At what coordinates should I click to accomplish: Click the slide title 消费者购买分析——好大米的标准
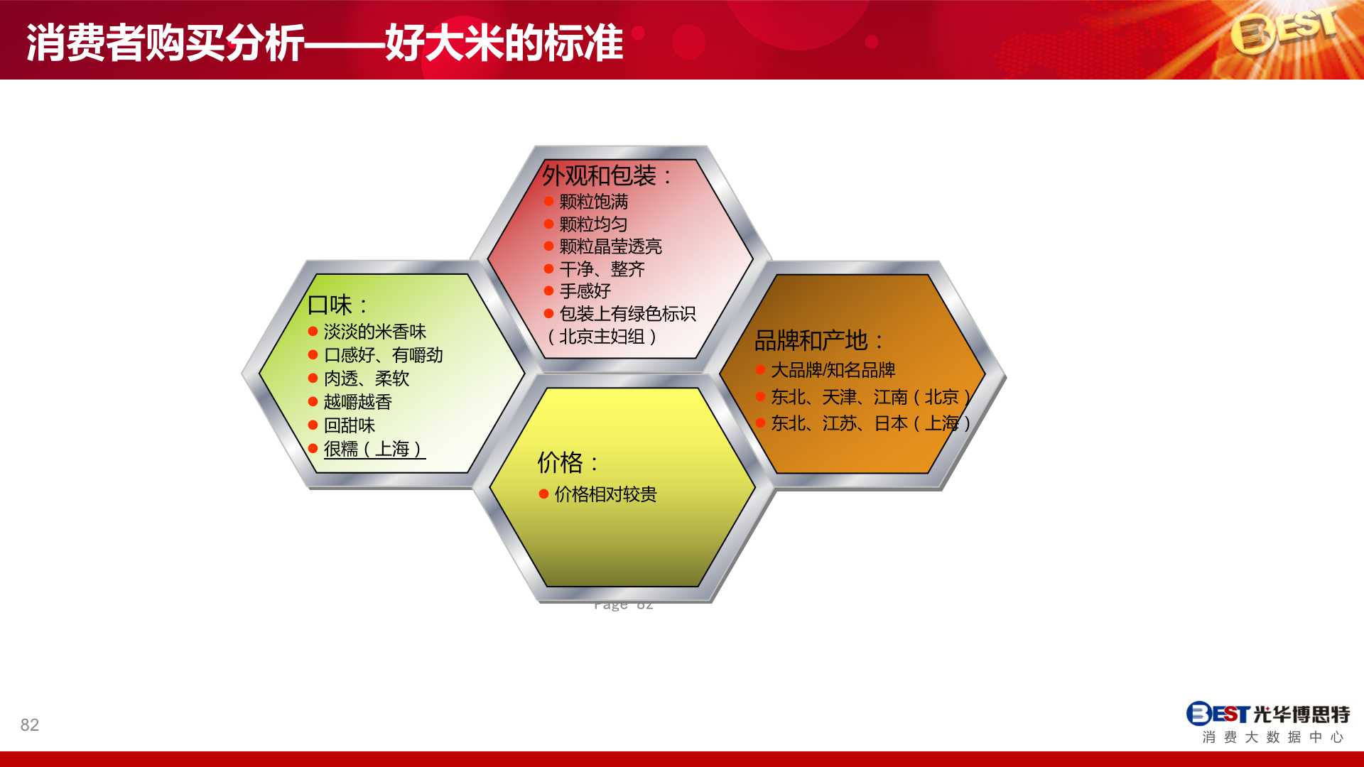point(325,43)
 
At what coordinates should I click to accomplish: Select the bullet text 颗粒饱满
point(594,202)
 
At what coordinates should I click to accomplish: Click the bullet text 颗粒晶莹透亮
point(611,246)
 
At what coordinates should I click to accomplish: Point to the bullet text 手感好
point(585,291)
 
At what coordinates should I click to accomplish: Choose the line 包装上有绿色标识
point(628,314)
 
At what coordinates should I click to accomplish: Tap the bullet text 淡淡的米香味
point(375,332)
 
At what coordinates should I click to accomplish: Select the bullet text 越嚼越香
point(358,402)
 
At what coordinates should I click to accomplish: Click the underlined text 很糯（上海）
point(374,449)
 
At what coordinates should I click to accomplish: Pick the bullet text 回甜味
point(350,425)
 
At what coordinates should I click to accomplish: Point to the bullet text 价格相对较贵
point(606,494)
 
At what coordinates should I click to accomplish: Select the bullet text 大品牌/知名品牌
point(833,370)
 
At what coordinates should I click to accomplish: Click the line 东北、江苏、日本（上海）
point(871,423)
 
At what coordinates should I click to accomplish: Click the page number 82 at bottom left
point(30,725)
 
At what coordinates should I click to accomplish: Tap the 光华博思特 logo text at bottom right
point(1301,714)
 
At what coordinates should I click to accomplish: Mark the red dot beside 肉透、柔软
point(313,379)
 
